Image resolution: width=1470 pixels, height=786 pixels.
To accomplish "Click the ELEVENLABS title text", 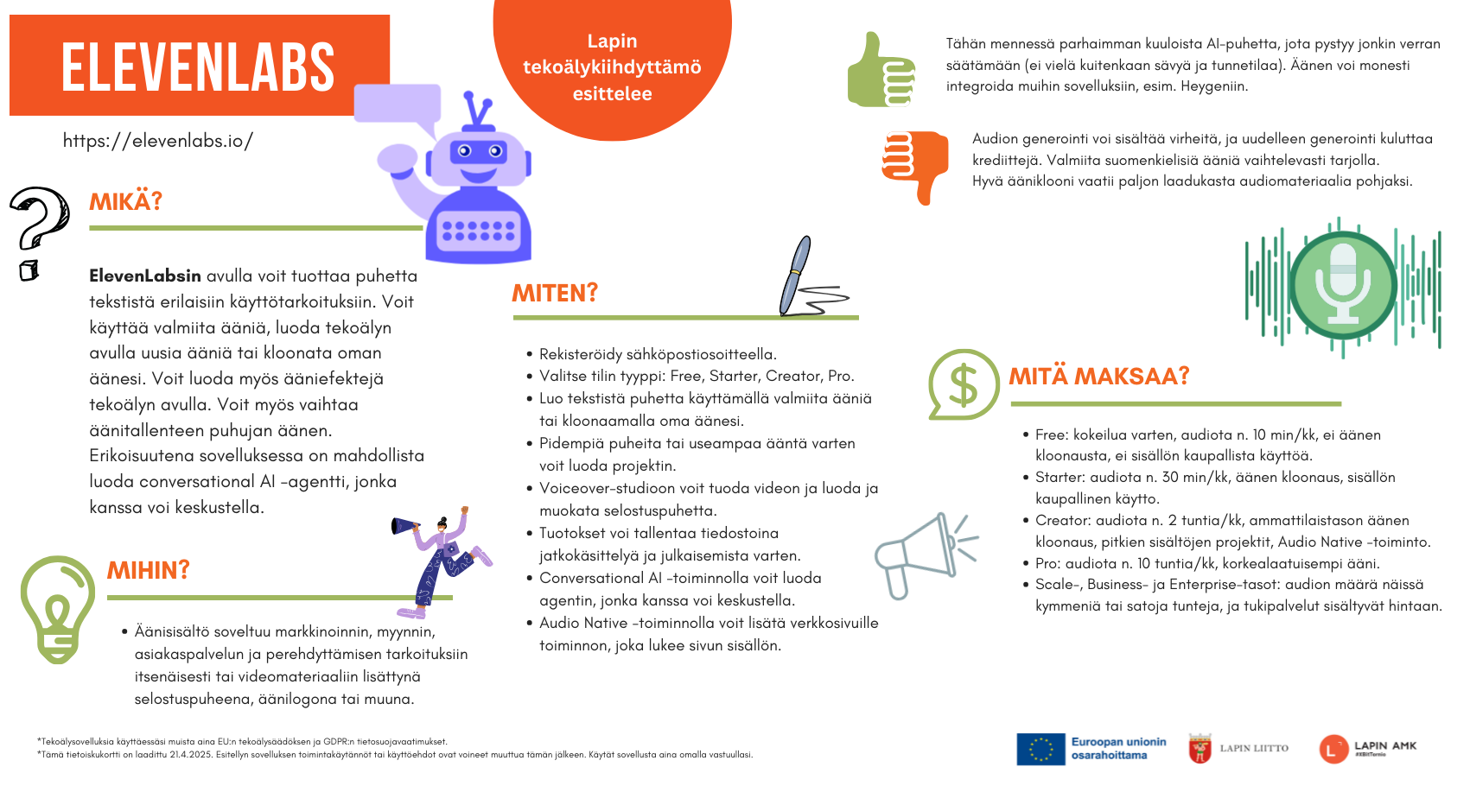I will pyautogui.click(x=198, y=67).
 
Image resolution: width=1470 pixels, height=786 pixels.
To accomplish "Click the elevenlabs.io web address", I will pyautogui.click(x=157, y=141).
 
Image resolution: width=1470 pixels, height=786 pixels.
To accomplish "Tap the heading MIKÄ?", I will pyautogui.click(x=126, y=202).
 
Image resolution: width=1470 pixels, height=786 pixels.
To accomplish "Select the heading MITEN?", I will pyautogui.click(x=555, y=294).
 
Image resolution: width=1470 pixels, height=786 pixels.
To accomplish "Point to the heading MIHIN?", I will pyautogui.click(x=149, y=570).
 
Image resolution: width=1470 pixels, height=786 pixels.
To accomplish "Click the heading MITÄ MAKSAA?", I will pyautogui.click(x=1099, y=377).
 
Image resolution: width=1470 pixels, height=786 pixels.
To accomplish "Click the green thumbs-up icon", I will pyautogui.click(x=881, y=71).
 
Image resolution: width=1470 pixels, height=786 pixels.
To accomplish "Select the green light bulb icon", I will pyautogui.click(x=57, y=609).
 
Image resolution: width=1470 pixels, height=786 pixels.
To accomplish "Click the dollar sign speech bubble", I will pyautogui.click(x=963, y=384).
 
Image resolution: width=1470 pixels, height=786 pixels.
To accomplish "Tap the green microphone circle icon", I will pyautogui.click(x=1343, y=284).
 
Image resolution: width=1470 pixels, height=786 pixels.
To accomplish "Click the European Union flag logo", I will pyautogui.click(x=1040, y=749).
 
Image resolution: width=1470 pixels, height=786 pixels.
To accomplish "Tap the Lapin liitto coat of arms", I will pyautogui.click(x=1200, y=748).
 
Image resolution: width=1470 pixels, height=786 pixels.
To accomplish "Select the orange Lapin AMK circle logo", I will pyautogui.click(x=1333, y=749).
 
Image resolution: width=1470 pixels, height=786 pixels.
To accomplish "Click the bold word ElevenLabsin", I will pyautogui.click(x=145, y=276).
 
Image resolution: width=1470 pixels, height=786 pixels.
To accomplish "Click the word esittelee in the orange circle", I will pyautogui.click(x=612, y=93).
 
